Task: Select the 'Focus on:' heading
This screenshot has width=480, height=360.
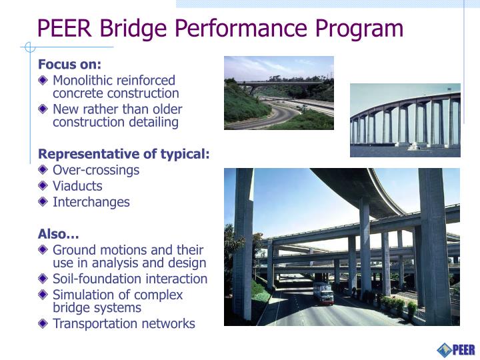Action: (69, 65)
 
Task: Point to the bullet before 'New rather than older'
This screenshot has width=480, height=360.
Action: (43, 109)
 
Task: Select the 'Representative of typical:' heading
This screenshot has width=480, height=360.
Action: (123, 154)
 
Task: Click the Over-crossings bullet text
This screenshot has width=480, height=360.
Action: (96, 170)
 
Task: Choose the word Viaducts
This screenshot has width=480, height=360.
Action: (77, 186)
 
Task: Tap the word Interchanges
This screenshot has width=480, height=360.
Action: (91, 202)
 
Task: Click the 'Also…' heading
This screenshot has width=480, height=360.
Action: (59, 234)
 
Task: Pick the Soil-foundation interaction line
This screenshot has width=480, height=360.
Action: (130, 279)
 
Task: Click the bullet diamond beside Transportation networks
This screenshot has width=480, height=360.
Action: (43, 324)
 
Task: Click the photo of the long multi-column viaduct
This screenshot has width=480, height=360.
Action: (405, 120)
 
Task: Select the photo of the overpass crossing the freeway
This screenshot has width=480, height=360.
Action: (279, 93)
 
